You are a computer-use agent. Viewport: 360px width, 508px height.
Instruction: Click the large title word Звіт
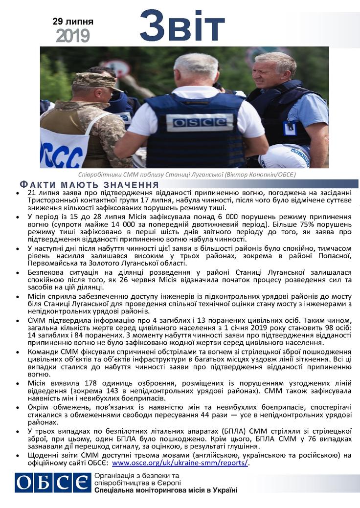182,26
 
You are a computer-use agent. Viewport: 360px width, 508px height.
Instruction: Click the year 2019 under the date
72,35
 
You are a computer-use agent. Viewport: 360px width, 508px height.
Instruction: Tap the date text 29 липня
73,22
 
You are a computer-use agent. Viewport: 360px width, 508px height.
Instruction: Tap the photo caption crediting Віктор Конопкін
187,175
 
